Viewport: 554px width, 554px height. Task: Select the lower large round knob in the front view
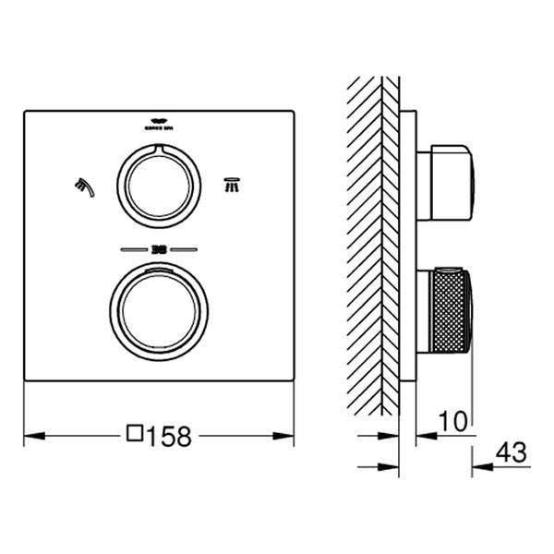[x=159, y=307]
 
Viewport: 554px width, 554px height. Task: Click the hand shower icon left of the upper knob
[x=84, y=186]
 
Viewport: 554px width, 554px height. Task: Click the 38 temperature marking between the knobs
[x=159, y=249]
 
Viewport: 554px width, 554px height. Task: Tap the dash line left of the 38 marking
[x=134, y=249]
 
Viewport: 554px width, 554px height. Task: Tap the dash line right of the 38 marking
[x=185, y=249]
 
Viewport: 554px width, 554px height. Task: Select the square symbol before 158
[x=136, y=434]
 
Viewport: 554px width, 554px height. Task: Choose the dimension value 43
[x=512, y=453]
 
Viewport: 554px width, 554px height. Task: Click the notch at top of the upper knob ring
[x=159, y=149]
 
